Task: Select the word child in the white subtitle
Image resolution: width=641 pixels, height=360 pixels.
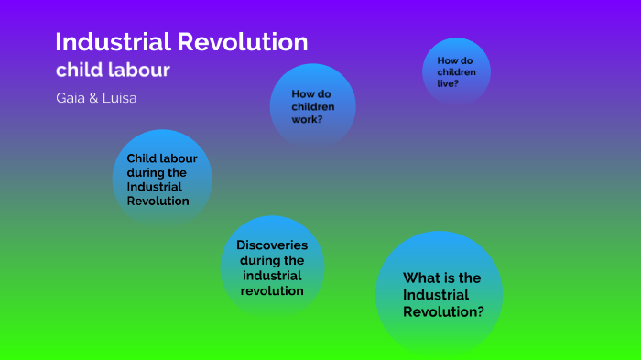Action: click(78, 70)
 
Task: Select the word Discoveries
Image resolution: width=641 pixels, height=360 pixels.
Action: click(272, 245)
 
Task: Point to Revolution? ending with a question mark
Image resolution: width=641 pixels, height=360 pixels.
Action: click(443, 311)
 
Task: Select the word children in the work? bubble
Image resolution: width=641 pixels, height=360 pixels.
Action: click(312, 106)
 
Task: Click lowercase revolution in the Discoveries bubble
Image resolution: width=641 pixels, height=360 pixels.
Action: click(272, 290)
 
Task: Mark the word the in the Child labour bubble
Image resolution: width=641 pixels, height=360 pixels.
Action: click(177, 171)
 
